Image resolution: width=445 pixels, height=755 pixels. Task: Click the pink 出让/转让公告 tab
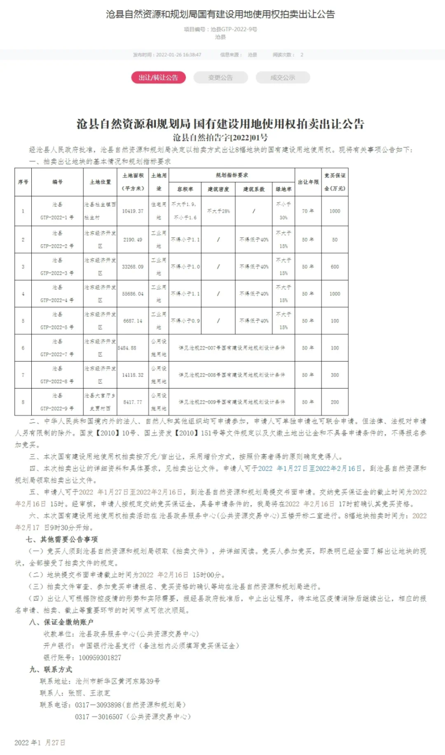click(x=158, y=77)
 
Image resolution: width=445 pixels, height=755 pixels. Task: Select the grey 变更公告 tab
click(x=221, y=77)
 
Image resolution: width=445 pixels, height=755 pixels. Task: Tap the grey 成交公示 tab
click(x=283, y=77)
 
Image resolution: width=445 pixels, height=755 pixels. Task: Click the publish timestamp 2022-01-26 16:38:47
click(x=179, y=55)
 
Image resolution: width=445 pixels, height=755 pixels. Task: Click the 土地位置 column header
click(x=100, y=181)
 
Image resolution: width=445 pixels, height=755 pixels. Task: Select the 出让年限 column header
click(x=308, y=181)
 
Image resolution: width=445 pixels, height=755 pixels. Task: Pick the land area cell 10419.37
click(x=132, y=211)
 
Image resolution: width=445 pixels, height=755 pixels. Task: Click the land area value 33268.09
click(x=132, y=266)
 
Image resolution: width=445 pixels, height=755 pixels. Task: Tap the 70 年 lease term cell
click(x=308, y=211)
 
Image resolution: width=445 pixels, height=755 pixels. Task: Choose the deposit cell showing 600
click(x=334, y=266)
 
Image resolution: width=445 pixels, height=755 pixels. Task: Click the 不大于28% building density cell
click(x=219, y=211)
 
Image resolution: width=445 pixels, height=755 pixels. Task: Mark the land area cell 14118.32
click(x=132, y=375)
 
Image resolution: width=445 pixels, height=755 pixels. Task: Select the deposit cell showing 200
click(x=334, y=402)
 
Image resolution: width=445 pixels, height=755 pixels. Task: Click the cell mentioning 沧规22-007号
click(x=232, y=348)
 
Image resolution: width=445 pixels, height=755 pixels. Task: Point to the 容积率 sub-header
click(x=185, y=189)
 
